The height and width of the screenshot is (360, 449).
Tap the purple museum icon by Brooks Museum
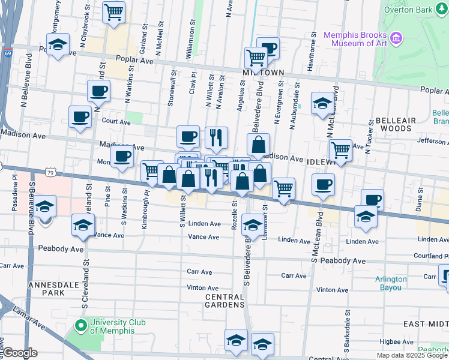point(396,39)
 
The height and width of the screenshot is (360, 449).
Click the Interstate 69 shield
point(8,53)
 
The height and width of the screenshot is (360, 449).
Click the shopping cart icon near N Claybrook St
point(113,11)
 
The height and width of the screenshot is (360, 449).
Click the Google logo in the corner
point(20,353)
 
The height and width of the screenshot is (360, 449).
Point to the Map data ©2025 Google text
point(412,355)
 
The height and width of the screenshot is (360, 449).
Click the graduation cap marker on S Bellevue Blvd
point(44,207)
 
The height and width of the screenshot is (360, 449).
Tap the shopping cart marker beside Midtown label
point(256,58)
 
